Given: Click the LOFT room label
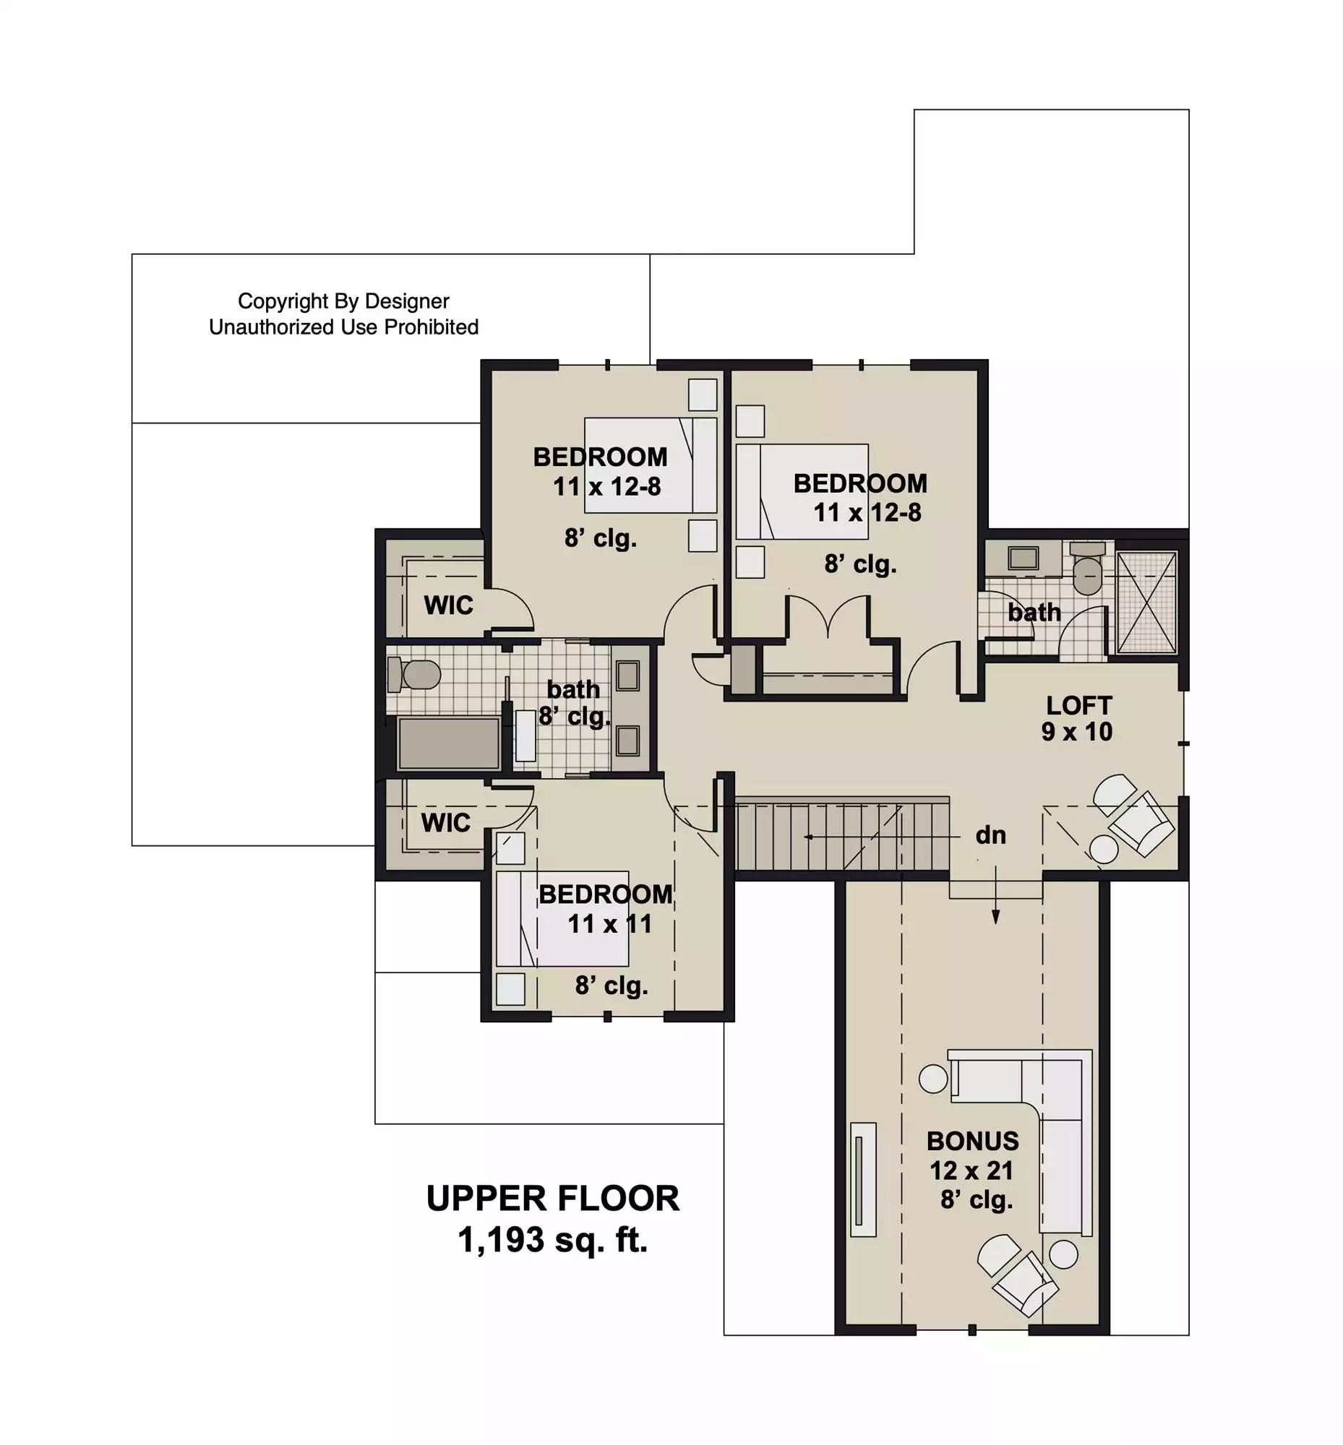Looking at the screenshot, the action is pos(1078,704).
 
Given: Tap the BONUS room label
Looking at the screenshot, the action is pos(972,1141).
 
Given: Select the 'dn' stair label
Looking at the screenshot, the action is pos(990,835).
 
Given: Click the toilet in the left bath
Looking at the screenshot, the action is pos(414,674).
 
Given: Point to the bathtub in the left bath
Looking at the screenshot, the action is pos(448,743).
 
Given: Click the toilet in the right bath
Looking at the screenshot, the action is pos(1088,569).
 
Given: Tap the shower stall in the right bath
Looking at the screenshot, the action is pos(1146,603).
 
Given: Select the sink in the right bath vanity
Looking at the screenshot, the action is pos(1024,558).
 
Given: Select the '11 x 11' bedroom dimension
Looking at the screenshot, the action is pos(609,924).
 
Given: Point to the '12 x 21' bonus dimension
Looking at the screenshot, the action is pos(971,1170).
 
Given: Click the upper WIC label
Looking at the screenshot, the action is pos(448,605).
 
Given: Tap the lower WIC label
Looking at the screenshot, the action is pos(445,823).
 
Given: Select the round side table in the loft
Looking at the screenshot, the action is pos(1104,849).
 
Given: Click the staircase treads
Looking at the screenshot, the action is pos(842,835).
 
